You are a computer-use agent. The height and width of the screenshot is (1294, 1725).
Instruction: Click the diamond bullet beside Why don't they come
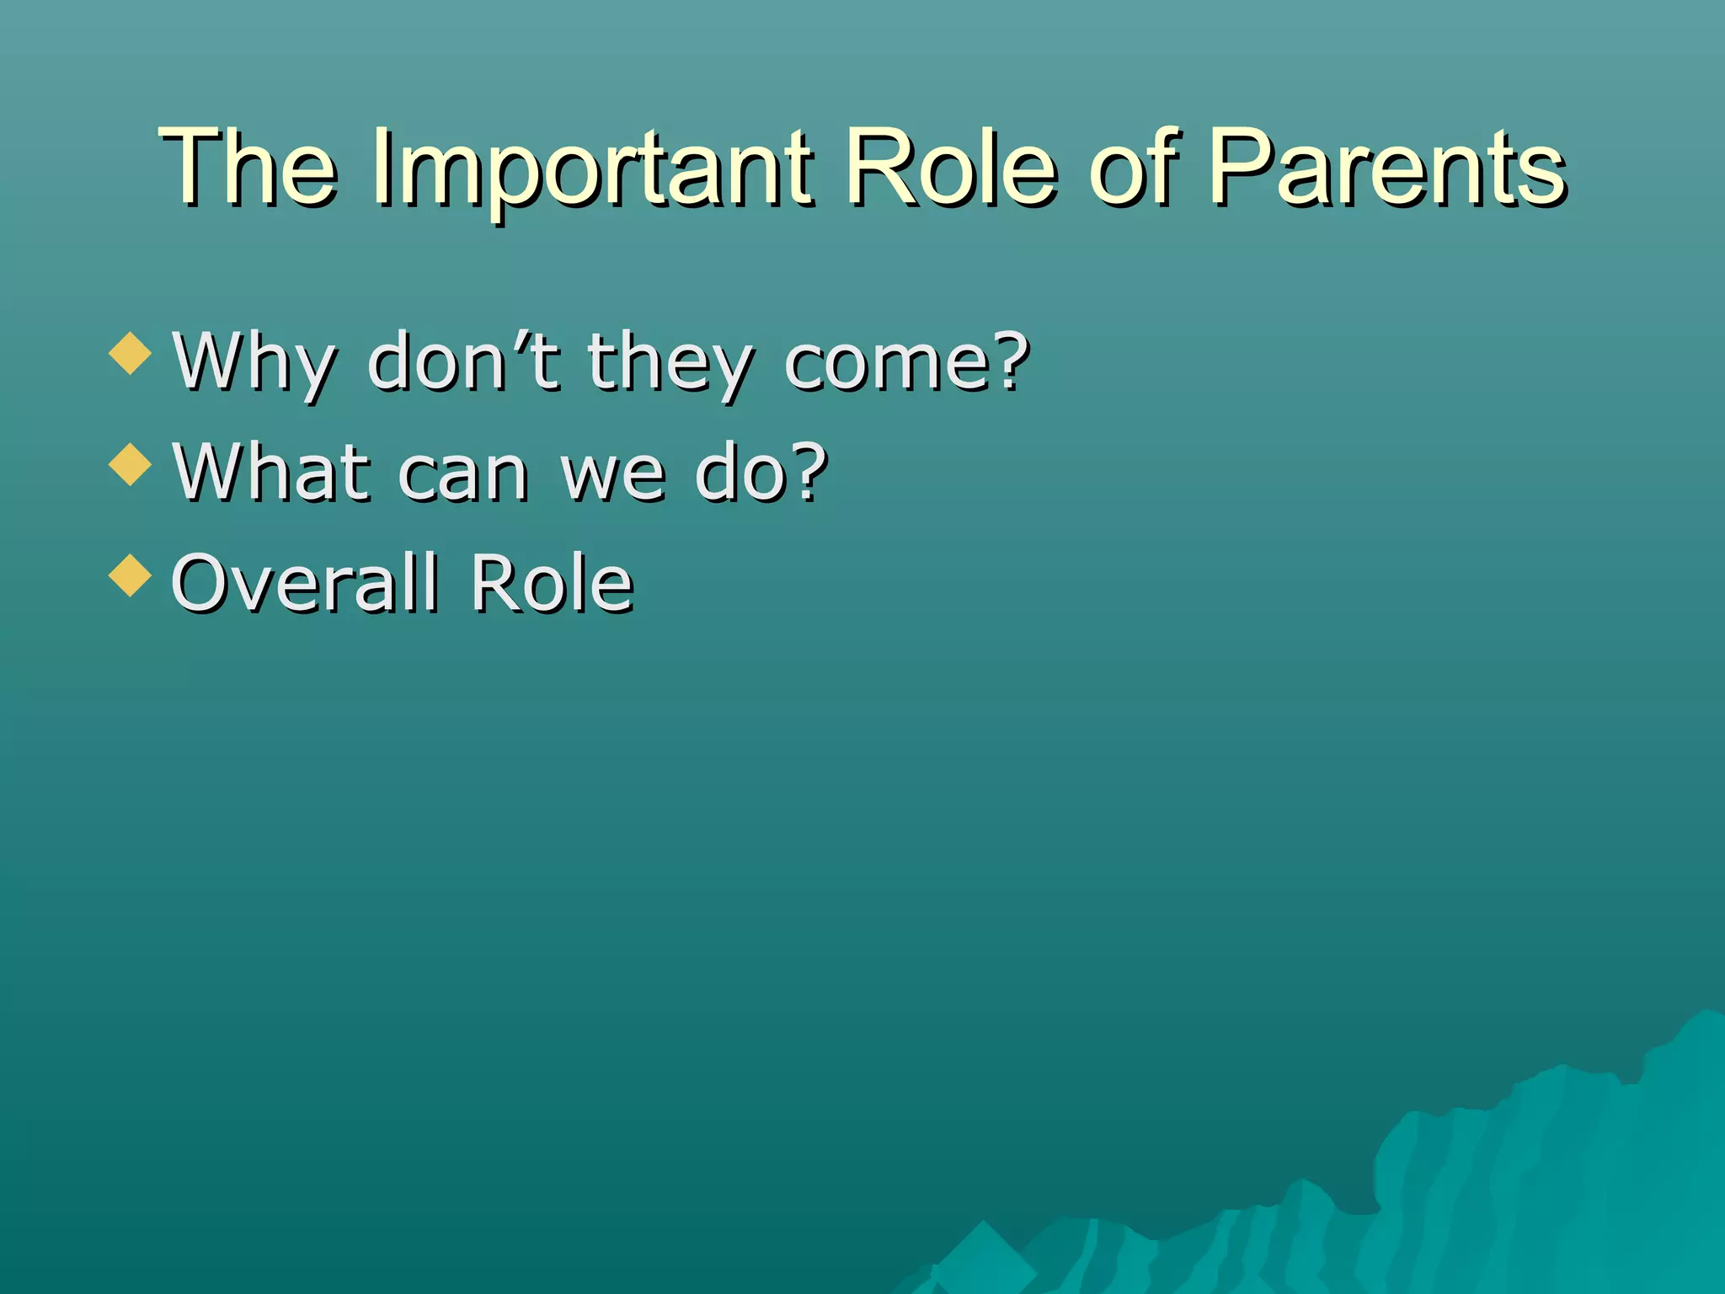(131, 353)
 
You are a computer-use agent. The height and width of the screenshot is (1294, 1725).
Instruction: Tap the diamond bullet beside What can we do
(131, 464)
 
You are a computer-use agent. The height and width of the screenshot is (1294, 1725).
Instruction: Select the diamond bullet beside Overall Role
(131, 575)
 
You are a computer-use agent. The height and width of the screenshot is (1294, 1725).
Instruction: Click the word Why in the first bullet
(255, 364)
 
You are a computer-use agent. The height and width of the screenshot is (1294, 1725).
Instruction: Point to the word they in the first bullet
(670, 364)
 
